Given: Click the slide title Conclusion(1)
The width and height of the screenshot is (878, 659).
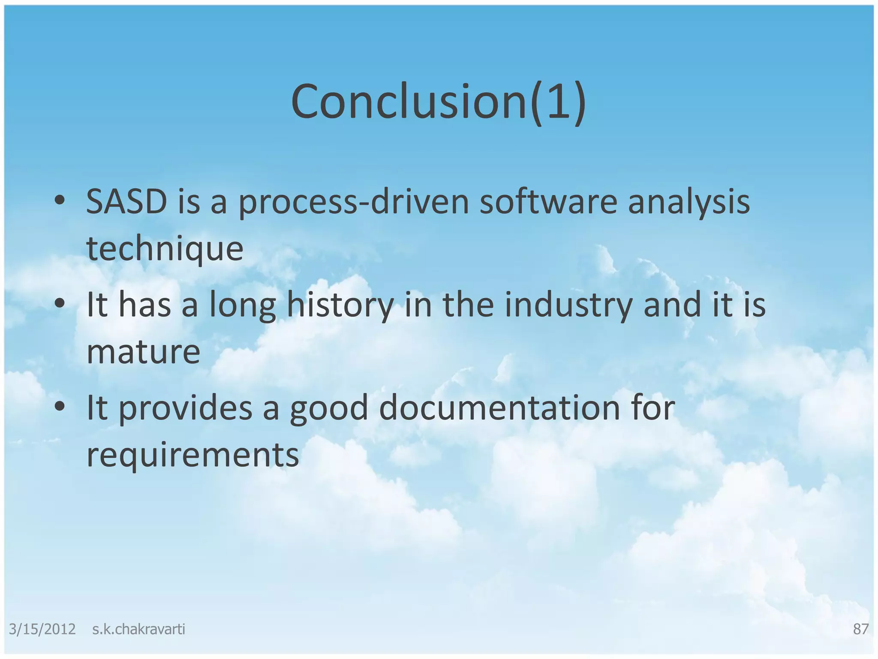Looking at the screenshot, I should pyautogui.click(x=438, y=102).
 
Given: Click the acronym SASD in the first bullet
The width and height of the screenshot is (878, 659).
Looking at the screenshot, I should pyautogui.click(x=126, y=202).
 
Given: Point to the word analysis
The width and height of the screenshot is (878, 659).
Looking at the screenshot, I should pyautogui.click(x=689, y=203).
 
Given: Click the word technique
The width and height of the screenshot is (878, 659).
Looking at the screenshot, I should pyautogui.click(x=165, y=249).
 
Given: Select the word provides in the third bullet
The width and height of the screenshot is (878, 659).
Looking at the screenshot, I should pyautogui.click(x=185, y=408).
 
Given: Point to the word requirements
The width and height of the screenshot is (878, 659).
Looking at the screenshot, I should pyautogui.click(x=192, y=455).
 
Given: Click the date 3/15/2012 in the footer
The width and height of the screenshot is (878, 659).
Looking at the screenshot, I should pyautogui.click(x=42, y=629).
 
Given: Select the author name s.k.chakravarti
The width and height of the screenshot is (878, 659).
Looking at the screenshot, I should pyautogui.click(x=138, y=629).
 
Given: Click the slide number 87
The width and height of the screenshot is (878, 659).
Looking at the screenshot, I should pyautogui.click(x=860, y=629).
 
